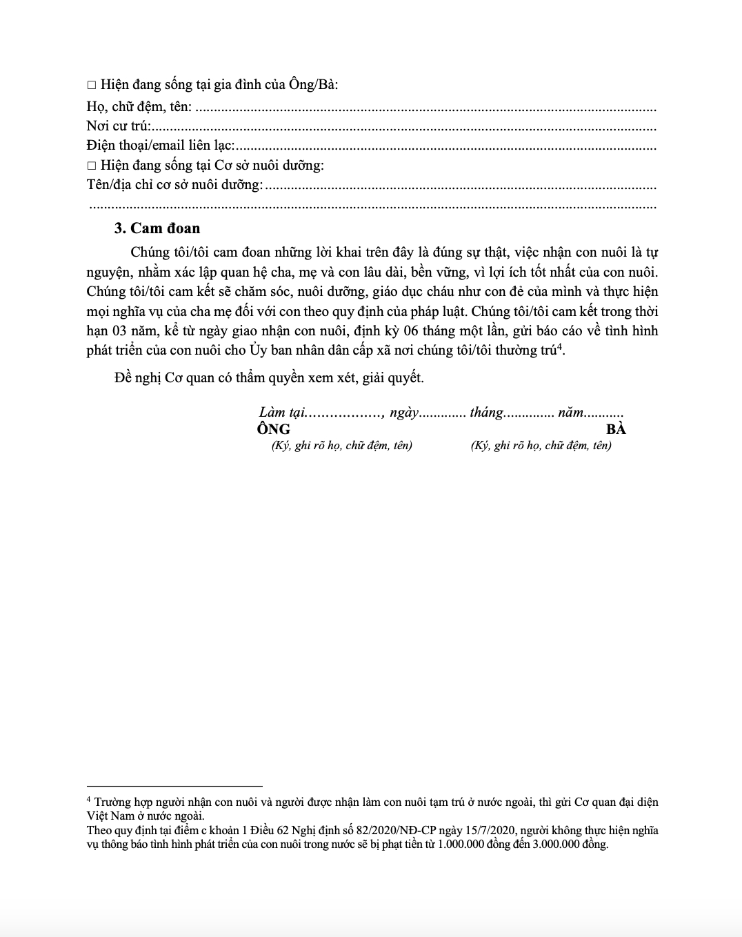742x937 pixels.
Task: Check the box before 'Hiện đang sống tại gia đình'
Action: [92, 86]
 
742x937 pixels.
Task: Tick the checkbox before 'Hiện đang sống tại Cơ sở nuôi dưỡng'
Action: [92, 166]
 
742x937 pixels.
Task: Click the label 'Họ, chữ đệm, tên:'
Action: [139, 107]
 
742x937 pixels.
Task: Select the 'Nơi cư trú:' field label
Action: [118, 126]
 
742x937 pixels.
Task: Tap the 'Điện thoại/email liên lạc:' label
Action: [160, 146]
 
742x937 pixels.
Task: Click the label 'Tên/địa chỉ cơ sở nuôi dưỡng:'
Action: [174, 185]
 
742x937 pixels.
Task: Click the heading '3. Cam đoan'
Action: [157, 228]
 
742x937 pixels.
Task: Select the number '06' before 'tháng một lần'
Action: [410, 331]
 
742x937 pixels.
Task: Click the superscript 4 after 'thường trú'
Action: [560, 346]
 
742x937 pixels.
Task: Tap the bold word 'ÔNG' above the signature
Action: [274, 429]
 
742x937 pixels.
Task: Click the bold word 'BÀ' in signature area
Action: [616, 429]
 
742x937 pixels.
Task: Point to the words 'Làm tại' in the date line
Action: [281, 413]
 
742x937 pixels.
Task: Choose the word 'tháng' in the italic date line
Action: [486, 413]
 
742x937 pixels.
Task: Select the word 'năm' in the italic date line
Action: [571, 413]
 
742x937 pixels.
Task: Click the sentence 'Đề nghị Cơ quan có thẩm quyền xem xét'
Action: [269, 378]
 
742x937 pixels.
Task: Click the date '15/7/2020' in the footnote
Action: [492, 830]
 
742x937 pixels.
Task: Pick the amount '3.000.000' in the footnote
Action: [555, 844]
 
